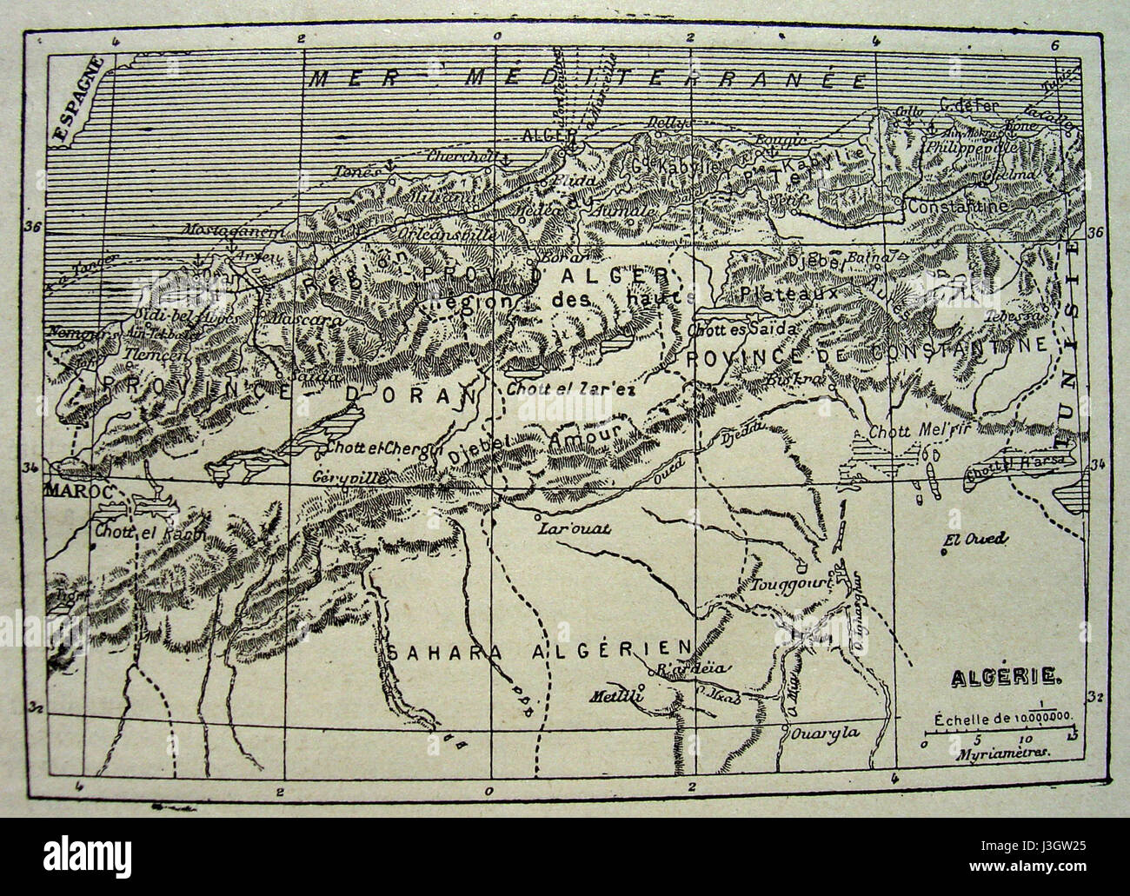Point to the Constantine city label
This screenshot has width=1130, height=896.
pos(959,207)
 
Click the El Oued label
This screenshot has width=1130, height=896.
pos(974,540)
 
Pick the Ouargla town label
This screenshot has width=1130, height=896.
pos(825,732)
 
